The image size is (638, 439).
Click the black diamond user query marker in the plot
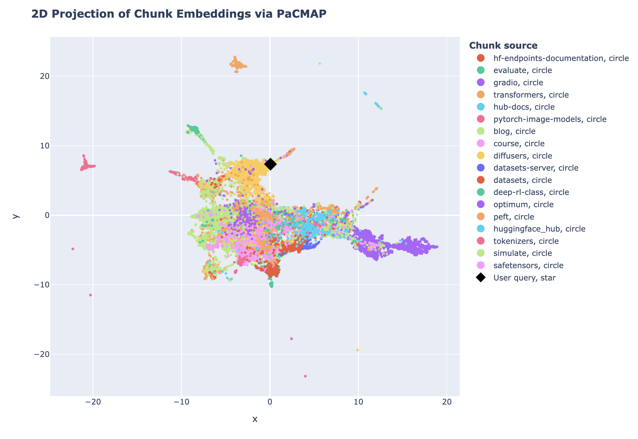click(270, 164)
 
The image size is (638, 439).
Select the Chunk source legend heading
click(503, 45)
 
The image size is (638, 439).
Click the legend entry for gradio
click(518, 83)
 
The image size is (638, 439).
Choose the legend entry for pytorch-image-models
click(550, 119)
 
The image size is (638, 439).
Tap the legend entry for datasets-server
click(536, 168)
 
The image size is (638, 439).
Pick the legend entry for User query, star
click(524, 278)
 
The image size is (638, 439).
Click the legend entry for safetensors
click(528, 265)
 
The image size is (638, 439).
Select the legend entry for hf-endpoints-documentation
click(561, 58)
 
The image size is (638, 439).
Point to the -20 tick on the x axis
click(93, 402)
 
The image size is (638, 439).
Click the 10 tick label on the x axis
click(359, 402)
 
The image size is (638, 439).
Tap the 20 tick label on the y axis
click(45, 76)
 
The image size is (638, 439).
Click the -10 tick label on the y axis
click(42, 285)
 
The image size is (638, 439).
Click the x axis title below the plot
click(255, 419)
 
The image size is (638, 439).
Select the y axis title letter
click(16, 216)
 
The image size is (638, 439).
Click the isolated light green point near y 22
click(320, 64)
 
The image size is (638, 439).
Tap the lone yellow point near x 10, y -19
click(358, 350)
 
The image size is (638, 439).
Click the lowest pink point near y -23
click(305, 376)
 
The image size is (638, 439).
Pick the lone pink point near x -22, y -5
click(73, 249)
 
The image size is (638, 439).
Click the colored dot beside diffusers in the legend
click(481, 156)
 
